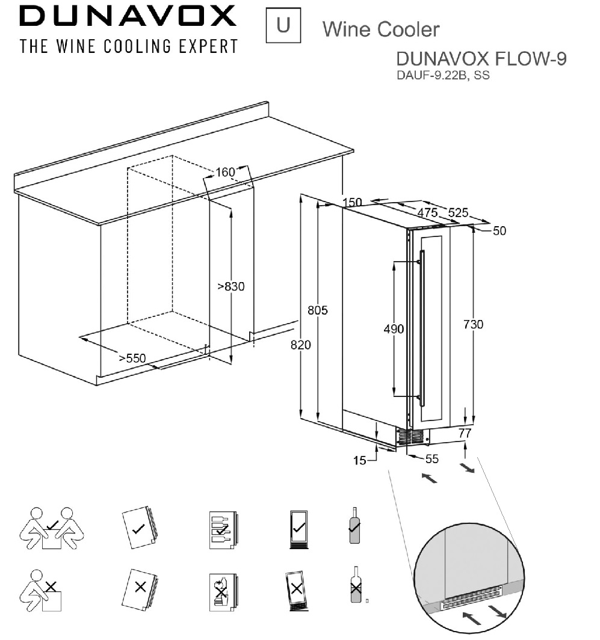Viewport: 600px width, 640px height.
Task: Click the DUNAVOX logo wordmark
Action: pyautogui.click(x=128, y=16)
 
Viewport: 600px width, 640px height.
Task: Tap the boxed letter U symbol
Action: pyautogui.click(x=283, y=25)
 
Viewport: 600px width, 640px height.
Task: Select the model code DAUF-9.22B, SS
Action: pyautogui.click(x=443, y=76)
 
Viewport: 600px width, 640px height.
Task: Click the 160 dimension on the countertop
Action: pyautogui.click(x=225, y=172)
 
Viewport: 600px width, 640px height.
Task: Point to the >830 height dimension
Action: pyautogui.click(x=230, y=286)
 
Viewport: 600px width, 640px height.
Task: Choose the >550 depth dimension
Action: pyautogui.click(x=132, y=358)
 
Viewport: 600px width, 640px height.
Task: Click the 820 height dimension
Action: pyautogui.click(x=301, y=345)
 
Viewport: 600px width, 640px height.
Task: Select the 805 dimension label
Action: pyautogui.click(x=317, y=310)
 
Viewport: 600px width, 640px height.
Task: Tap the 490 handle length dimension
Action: pyautogui.click(x=394, y=328)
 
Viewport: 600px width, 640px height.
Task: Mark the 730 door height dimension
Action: pyautogui.click(x=474, y=324)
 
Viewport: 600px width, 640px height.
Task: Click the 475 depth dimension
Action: pyautogui.click(x=427, y=212)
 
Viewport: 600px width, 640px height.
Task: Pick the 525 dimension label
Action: pyautogui.click(x=458, y=213)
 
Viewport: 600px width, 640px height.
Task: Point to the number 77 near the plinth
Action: pyautogui.click(x=465, y=433)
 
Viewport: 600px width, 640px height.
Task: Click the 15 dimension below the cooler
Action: pyautogui.click(x=359, y=460)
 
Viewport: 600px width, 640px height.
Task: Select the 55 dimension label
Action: pyautogui.click(x=431, y=459)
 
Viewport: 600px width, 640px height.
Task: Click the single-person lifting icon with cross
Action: pyautogui.click(x=41, y=591)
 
